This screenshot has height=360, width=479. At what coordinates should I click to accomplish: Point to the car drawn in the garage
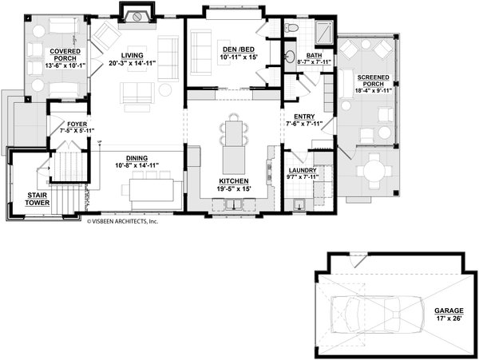click(370, 311)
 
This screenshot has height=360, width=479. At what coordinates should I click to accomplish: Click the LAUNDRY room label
click(303, 170)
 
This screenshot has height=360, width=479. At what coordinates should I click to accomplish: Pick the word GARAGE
click(449, 312)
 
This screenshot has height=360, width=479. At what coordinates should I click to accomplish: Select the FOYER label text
click(77, 124)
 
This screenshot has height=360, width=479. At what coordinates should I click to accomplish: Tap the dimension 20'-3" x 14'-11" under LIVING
click(132, 62)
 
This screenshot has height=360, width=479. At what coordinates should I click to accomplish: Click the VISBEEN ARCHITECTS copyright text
click(123, 223)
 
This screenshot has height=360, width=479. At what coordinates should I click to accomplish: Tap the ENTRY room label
click(303, 117)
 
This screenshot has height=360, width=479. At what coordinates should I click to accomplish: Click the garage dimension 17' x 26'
click(449, 319)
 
